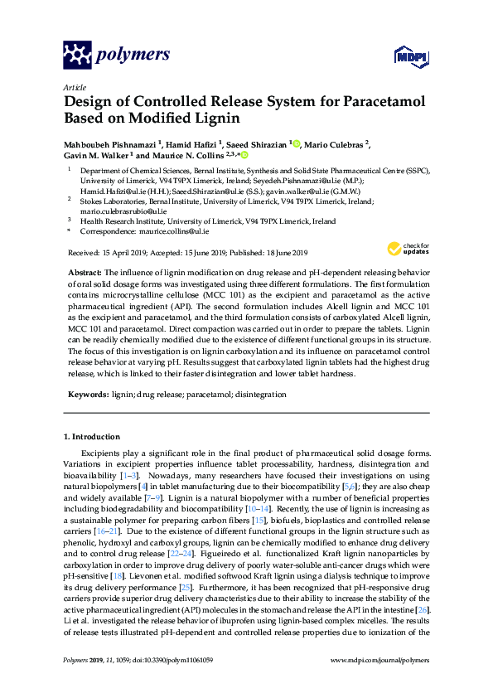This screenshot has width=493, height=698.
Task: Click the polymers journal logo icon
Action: click(x=78, y=56)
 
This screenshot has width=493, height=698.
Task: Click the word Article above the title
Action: click(x=75, y=86)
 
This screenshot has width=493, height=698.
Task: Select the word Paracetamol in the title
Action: click(x=379, y=102)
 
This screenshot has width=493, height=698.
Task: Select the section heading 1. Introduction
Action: click(x=95, y=436)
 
